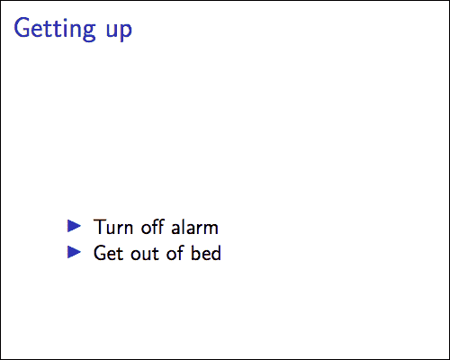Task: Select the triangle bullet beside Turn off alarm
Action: (x=75, y=225)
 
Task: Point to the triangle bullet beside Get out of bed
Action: (x=75, y=251)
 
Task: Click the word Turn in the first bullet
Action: (x=112, y=227)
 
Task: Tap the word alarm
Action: (x=195, y=227)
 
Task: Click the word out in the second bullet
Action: (x=145, y=253)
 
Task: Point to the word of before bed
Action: (x=176, y=253)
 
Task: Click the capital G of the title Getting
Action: (x=22, y=29)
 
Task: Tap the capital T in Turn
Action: (x=99, y=227)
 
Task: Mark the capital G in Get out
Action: (x=100, y=253)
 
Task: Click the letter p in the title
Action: (x=126, y=31)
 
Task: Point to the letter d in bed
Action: (x=216, y=253)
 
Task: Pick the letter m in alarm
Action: (x=211, y=229)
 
